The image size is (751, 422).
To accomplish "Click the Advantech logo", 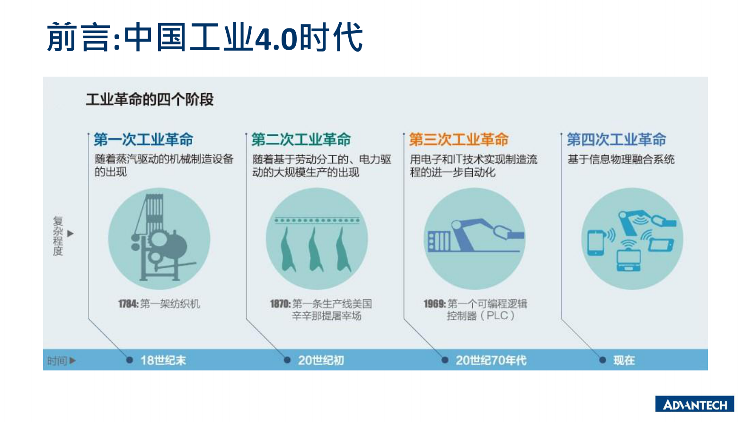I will (694, 404).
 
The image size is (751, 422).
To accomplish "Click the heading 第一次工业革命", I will (143, 140).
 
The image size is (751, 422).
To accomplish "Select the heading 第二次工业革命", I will (301, 140).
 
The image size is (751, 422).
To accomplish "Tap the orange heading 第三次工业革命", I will (459, 140).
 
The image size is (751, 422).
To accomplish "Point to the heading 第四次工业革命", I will (616, 140).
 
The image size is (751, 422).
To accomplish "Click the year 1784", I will (128, 304).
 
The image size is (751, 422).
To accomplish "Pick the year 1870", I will (280, 304).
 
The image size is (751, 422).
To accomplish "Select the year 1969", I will (434, 304).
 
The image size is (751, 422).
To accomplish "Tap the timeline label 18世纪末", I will (163, 360).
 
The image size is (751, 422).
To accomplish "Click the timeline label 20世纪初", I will (321, 360).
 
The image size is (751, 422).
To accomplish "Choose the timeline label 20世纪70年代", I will (491, 360).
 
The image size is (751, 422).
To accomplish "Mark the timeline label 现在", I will (624, 360).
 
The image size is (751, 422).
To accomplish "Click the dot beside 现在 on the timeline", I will (602, 360).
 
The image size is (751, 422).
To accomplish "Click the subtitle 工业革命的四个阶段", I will (150, 100).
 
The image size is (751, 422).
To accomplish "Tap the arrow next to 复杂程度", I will (71, 234).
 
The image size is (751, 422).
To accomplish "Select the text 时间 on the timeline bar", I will (57, 361).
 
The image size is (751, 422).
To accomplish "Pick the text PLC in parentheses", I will (497, 316).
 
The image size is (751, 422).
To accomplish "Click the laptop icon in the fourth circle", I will (629, 260).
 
